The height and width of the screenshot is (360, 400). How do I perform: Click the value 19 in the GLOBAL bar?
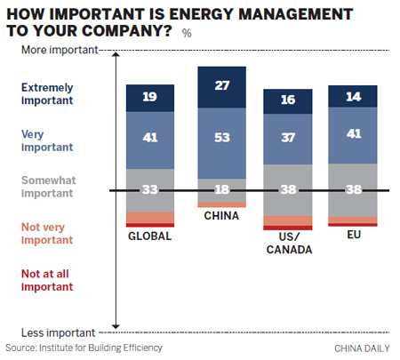point(150,96)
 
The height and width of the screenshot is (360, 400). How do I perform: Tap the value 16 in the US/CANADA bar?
point(287,100)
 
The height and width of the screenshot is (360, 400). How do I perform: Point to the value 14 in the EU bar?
point(352,97)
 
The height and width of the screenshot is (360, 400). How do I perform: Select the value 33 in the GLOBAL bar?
point(150,188)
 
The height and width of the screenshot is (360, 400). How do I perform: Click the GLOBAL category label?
point(150,237)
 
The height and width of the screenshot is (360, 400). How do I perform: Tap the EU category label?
point(352,236)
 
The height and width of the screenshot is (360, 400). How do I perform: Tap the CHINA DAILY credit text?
point(363,348)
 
